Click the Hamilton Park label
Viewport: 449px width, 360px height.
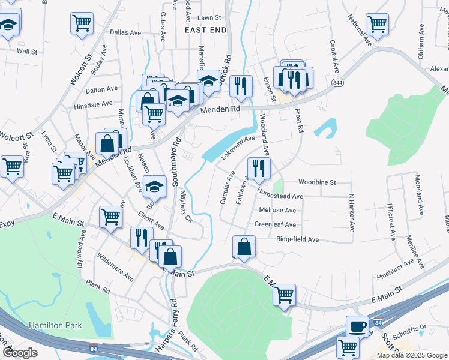pyautogui.click(x=56, y=325)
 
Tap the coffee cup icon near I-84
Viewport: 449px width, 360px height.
pyautogui.click(x=358, y=326)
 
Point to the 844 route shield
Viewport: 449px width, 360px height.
pyautogui.click(x=337, y=83)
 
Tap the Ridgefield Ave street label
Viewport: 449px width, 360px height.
pyautogui.click(x=297, y=239)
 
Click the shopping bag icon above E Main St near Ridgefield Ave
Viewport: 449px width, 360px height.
pyautogui.click(x=244, y=246)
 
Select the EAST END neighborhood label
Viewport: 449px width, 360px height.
pyautogui.click(x=205, y=29)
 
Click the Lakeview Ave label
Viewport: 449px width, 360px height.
pyautogui.click(x=238, y=147)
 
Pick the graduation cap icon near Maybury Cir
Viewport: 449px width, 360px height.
pyautogui.click(x=154, y=187)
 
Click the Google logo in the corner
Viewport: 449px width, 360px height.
pyautogui.click(x=20, y=353)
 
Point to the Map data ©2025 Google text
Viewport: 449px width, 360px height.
pyautogui.click(x=412, y=355)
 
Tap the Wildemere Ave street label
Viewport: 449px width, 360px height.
pyautogui.click(x=116, y=269)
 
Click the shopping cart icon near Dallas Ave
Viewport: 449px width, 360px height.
pyautogui.click(x=82, y=23)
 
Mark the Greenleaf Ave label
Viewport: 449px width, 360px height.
pyautogui.click(x=275, y=224)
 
